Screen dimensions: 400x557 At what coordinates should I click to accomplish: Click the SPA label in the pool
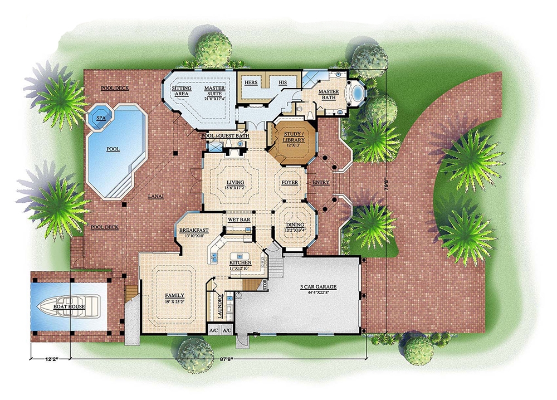(x=101, y=119)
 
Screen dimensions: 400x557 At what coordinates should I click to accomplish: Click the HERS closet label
(x=252, y=82)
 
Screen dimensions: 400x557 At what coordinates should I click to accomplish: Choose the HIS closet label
(x=282, y=82)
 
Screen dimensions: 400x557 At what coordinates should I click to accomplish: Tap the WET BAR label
(x=238, y=220)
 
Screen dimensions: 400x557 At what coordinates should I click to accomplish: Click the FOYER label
(x=290, y=182)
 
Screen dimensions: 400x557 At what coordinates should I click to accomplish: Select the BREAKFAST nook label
(x=194, y=231)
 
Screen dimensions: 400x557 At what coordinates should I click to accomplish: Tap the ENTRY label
(x=321, y=182)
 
